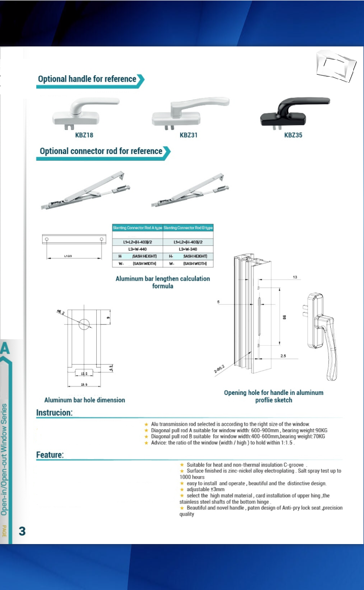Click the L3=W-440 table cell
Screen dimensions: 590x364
pos(137,249)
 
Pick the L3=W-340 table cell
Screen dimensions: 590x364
pos(188,249)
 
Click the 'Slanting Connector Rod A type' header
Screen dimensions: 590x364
pos(137,228)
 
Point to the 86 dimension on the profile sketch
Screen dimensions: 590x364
pos(284,316)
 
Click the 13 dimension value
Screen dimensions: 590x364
pos(295,277)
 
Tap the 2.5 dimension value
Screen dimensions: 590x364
pos(283,356)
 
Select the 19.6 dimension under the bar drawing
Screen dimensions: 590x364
pos(84,385)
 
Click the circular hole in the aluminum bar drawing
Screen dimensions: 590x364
pos(84,323)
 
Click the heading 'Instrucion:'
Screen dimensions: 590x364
pos(54,413)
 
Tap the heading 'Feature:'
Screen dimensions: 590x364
pos(50,455)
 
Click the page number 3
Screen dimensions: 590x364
pos(22,531)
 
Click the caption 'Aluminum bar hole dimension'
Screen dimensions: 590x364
pos(85,400)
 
